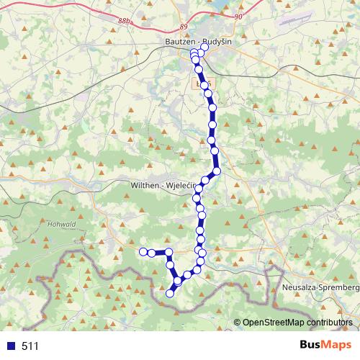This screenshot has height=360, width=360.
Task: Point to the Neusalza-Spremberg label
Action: pos(320,287)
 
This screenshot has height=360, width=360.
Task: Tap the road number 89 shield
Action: pos(183,27)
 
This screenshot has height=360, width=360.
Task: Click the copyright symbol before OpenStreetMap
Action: pos(238,323)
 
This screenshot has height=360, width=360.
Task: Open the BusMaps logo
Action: pos(323,345)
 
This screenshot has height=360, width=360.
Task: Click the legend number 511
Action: pos(30,346)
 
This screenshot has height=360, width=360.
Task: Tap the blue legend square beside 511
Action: pos(11,346)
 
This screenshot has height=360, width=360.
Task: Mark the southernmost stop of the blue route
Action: pos(171,293)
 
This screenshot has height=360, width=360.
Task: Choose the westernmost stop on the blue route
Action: pos(143,251)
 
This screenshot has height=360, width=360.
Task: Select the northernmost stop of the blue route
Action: pos(204,48)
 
